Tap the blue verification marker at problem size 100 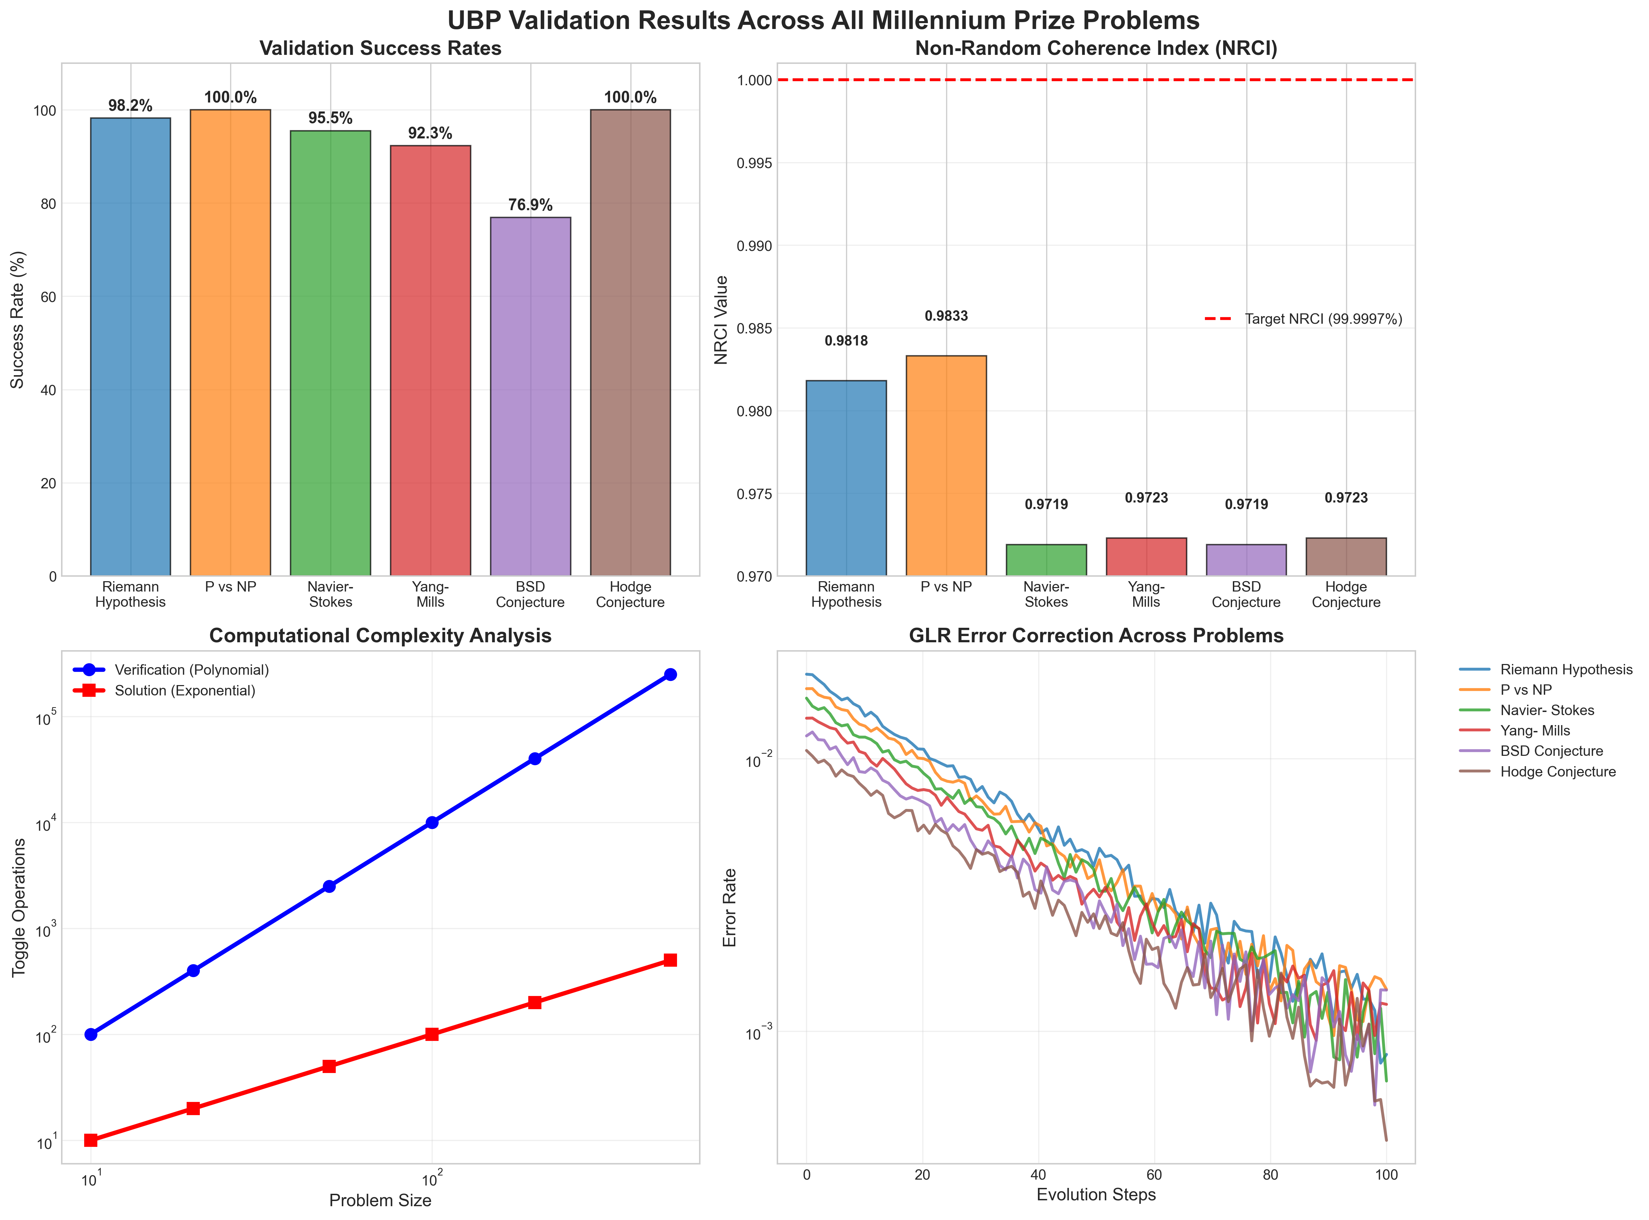click(x=432, y=822)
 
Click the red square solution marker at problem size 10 click(x=91, y=1140)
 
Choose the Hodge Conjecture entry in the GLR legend click(x=1558, y=772)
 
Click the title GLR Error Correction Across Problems click(x=1096, y=636)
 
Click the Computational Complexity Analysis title click(x=380, y=636)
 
